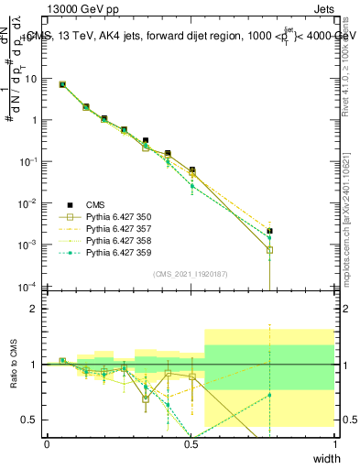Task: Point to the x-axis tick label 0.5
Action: [191, 444]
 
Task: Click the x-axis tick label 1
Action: [334, 444]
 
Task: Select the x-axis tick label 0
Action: [47, 444]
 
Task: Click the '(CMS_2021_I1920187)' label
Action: [191, 273]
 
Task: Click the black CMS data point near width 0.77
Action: [269, 231]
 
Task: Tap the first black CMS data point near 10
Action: [62, 84]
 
